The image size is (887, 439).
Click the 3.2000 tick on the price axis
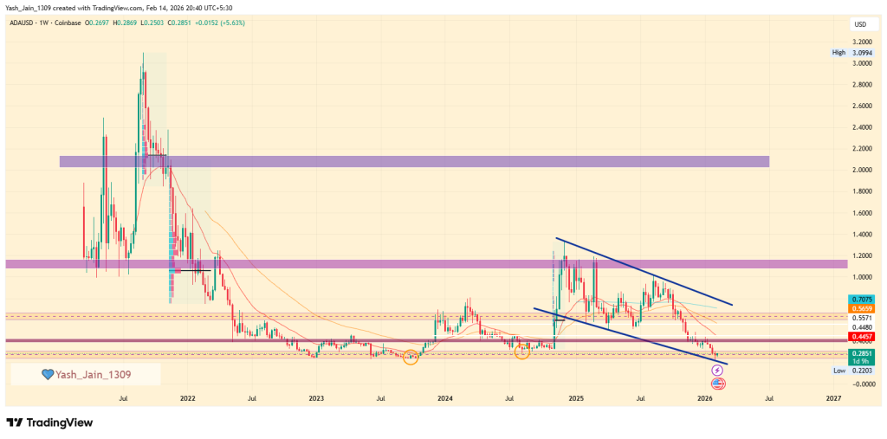click(861, 42)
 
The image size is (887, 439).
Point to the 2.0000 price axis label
click(861, 170)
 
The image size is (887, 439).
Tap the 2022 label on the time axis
click(188, 399)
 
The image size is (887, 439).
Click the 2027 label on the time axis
click(833, 399)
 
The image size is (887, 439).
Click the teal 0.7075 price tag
click(861, 299)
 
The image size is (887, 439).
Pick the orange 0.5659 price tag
click(861, 308)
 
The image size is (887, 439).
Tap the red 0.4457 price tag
click(861, 336)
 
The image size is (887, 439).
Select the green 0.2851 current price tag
click(861, 354)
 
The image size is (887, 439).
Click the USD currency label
click(860, 23)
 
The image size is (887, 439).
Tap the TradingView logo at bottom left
click(49, 423)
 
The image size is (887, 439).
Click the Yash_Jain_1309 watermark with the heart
click(85, 374)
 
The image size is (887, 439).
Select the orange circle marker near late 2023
click(411, 357)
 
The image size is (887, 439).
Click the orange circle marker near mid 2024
click(521, 351)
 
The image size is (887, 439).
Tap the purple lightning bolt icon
click(717, 371)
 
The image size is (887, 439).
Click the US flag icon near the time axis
click(717, 383)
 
